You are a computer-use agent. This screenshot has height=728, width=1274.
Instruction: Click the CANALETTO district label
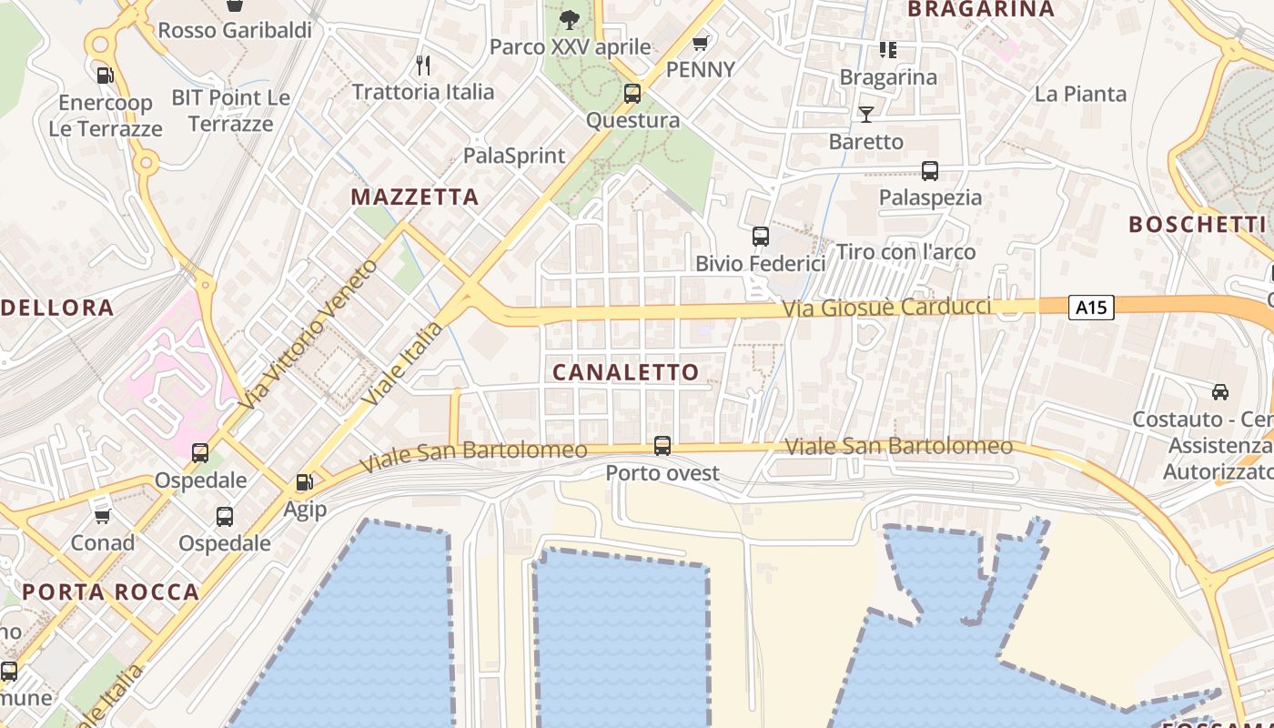point(625,371)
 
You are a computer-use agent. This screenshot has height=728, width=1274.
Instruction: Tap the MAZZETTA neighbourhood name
point(415,197)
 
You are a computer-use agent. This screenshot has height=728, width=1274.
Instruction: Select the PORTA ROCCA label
point(110,591)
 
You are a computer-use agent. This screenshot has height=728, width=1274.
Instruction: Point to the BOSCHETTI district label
point(1197,224)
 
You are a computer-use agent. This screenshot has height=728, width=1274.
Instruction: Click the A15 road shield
point(1090,308)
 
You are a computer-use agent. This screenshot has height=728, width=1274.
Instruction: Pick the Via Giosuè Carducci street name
point(886,308)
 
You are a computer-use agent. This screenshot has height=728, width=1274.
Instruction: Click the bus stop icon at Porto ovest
point(662,446)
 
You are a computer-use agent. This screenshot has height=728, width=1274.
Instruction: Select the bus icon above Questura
point(632,93)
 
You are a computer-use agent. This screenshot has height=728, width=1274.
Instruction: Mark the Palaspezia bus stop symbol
point(929,171)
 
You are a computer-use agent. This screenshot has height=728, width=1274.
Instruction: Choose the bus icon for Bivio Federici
point(760,237)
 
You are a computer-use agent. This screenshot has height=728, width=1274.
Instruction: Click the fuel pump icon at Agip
point(304,482)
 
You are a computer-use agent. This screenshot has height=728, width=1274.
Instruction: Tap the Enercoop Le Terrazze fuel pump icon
point(105,76)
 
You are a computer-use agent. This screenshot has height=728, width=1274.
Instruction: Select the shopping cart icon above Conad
point(102,516)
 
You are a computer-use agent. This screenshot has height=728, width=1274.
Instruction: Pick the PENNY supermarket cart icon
point(700,43)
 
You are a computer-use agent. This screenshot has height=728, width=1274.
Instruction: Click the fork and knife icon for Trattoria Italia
point(422,65)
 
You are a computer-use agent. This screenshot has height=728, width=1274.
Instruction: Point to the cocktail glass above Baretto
point(865,114)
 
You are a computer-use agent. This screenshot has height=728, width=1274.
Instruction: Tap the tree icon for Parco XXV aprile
point(570,19)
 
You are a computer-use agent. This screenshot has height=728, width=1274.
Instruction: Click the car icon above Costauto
point(1219,392)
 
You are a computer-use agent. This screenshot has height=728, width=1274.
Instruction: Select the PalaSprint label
point(514,156)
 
